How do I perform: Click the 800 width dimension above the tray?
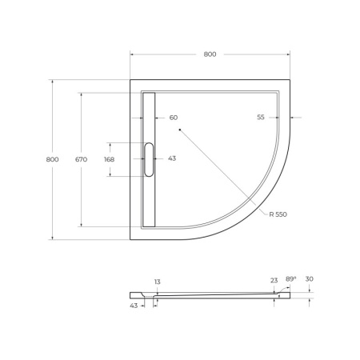[x=210, y=54]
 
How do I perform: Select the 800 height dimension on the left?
[x=53, y=159]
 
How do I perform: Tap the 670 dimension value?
[x=80, y=159]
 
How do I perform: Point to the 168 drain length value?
[x=110, y=159]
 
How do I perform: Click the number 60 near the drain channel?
[x=173, y=118]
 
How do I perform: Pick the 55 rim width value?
[x=261, y=118]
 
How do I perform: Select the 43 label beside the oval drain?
[x=172, y=159]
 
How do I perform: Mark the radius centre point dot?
[x=181, y=129]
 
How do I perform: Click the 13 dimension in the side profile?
[x=157, y=282]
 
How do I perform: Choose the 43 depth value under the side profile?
[x=133, y=305]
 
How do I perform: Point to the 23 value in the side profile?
[x=274, y=280]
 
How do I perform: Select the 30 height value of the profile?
[x=310, y=279]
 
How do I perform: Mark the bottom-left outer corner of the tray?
[x=130, y=239]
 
